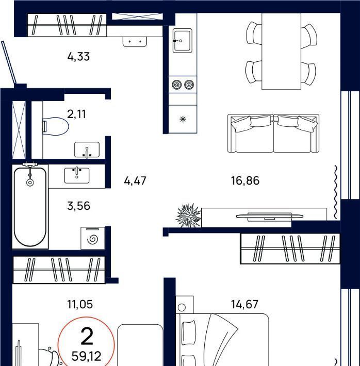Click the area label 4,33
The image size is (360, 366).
click(x=78, y=57)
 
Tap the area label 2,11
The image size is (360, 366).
click(x=76, y=114)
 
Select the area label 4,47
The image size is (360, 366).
click(x=135, y=181)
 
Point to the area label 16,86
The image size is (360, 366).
click(x=245, y=180)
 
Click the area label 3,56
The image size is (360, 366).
click(x=78, y=206)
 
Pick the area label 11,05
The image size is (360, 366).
click(x=80, y=304)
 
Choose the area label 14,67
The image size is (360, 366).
click(x=244, y=304)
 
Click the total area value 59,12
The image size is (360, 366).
click(x=87, y=356)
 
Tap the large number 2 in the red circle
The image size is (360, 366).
click(x=87, y=336)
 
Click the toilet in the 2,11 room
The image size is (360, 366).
click(x=56, y=126)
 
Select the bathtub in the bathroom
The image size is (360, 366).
click(x=30, y=206)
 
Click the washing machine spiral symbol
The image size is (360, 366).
click(x=92, y=239)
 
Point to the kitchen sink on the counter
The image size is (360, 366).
click(x=183, y=41)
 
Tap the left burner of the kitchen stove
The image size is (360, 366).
click(x=176, y=85)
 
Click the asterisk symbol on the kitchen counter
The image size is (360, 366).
click(x=183, y=120)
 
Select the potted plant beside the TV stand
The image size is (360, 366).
click(x=189, y=215)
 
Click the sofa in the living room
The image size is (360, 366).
click(x=273, y=134)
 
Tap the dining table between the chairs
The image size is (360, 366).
click(x=281, y=51)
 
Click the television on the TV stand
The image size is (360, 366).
click(x=270, y=216)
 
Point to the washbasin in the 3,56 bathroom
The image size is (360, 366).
click(x=77, y=176)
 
